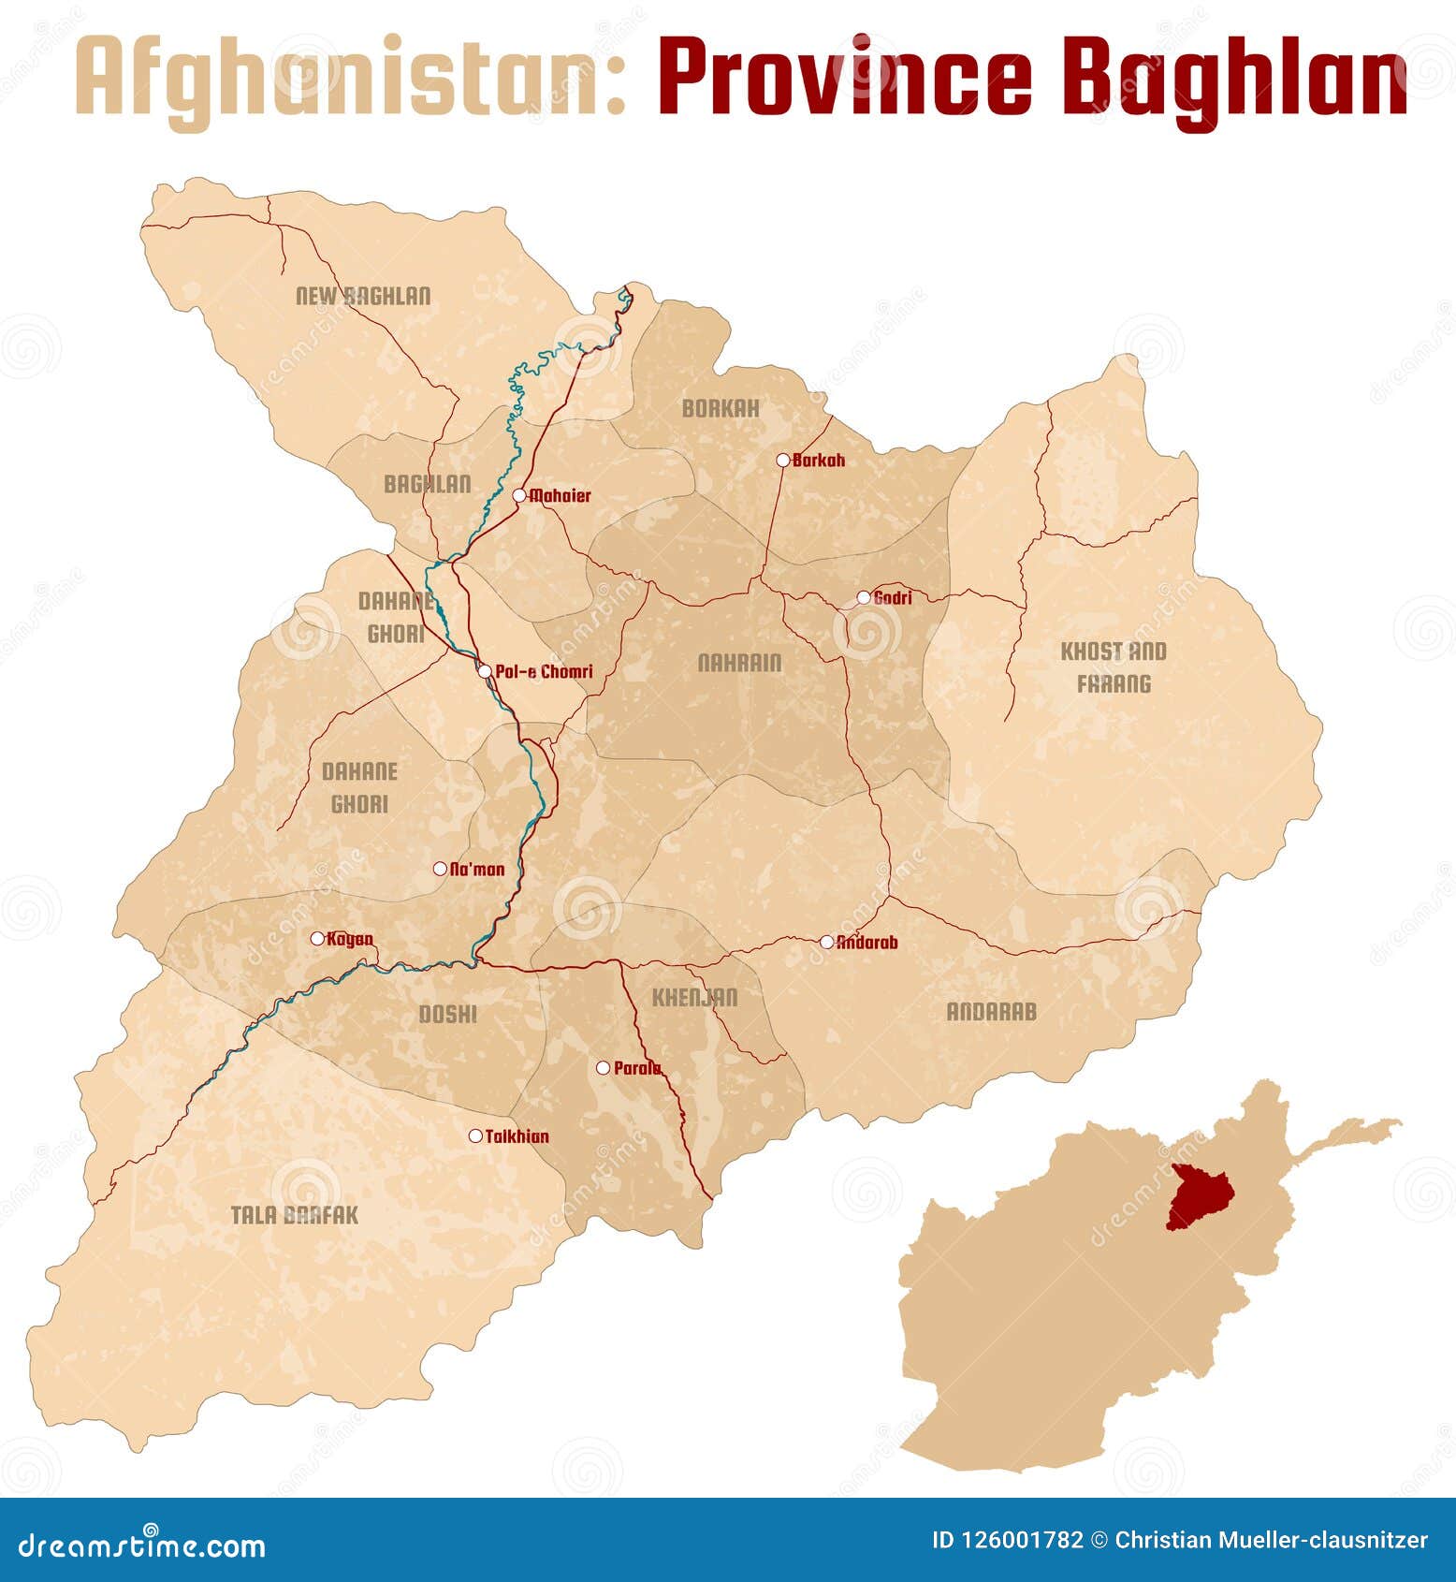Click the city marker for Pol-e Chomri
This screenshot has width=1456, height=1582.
pos(485,671)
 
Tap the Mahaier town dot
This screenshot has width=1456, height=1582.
pos(518,495)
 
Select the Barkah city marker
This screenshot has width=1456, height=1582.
pos(783,460)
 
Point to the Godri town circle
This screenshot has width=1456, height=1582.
pos(864,597)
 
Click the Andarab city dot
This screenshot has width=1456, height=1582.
pos(827,942)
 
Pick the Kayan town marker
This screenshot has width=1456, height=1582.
pos(317,938)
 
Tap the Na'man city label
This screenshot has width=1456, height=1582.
pos(477,870)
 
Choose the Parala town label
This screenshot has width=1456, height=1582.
pos(637,1068)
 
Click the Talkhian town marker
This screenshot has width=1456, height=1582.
pos(475,1136)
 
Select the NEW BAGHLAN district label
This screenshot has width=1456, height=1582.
pos(363,297)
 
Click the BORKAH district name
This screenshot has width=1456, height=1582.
pos(721,409)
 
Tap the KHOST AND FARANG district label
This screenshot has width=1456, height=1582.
pos(1114,667)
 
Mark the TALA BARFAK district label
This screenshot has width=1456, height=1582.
pos(295,1215)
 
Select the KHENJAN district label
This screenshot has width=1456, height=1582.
pos(694,998)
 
